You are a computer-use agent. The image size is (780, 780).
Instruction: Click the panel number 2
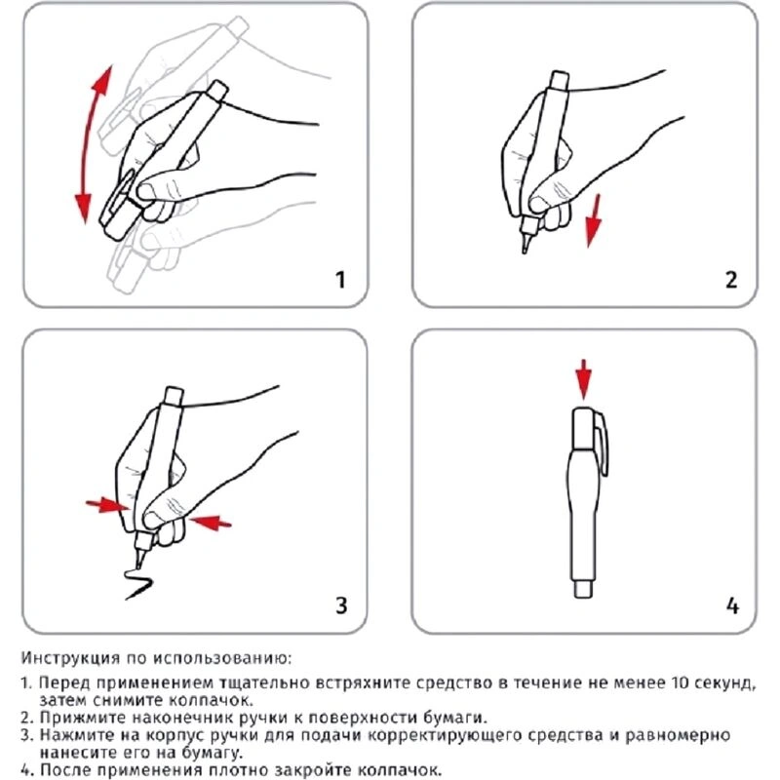(730, 280)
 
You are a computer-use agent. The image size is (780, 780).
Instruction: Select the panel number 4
(731, 605)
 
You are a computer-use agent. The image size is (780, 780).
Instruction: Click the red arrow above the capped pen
(583, 378)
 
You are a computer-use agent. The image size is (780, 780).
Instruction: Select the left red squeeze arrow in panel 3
(106, 504)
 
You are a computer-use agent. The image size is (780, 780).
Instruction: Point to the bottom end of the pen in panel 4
(583, 589)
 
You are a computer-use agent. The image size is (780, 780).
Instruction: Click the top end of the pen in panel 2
(560, 79)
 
